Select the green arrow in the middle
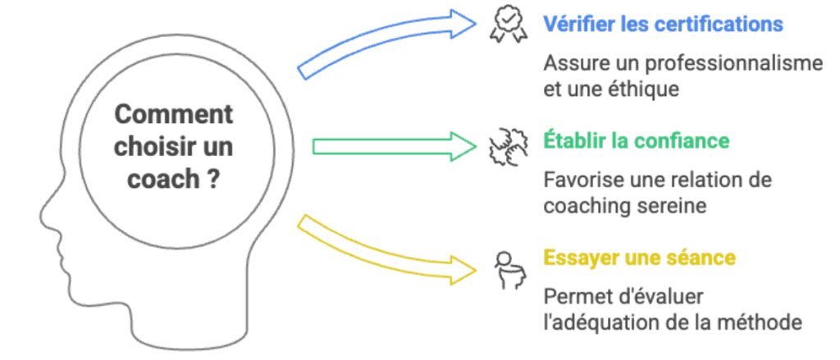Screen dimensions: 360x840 pyautogui.click(x=394, y=147)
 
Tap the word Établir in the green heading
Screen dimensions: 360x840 pyautogui.click(x=574, y=140)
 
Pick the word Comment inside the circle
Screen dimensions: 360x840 pyautogui.click(x=173, y=114)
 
